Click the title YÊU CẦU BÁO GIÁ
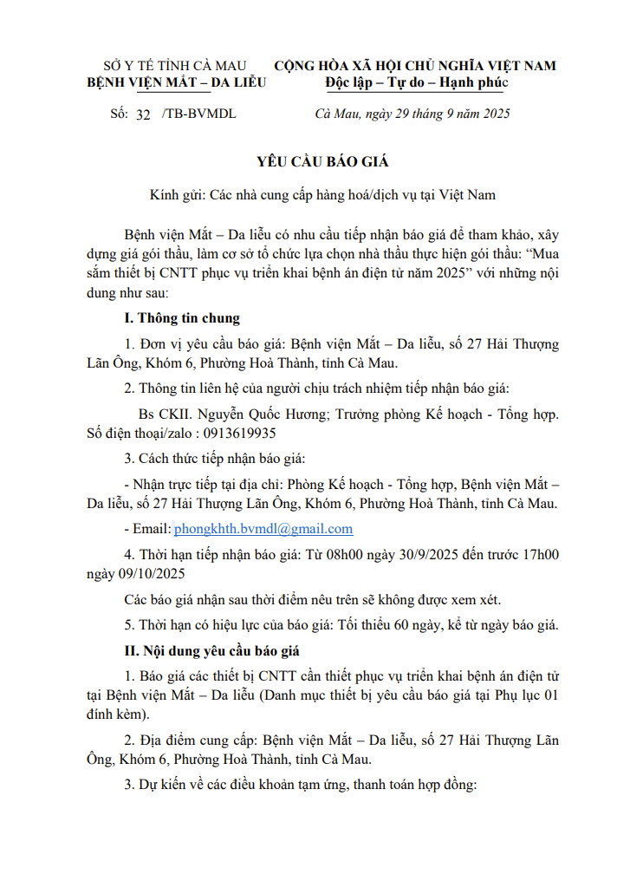(322, 161)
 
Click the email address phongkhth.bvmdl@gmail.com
(263, 529)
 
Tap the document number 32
(144, 114)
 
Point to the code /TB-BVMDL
(198, 114)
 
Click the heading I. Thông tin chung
(182, 318)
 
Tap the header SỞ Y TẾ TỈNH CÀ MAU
(174, 66)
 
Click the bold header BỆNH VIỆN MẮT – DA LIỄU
(176, 82)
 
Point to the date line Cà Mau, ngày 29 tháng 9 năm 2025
(412, 114)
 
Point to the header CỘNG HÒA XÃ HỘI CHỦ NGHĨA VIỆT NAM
(415, 66)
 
